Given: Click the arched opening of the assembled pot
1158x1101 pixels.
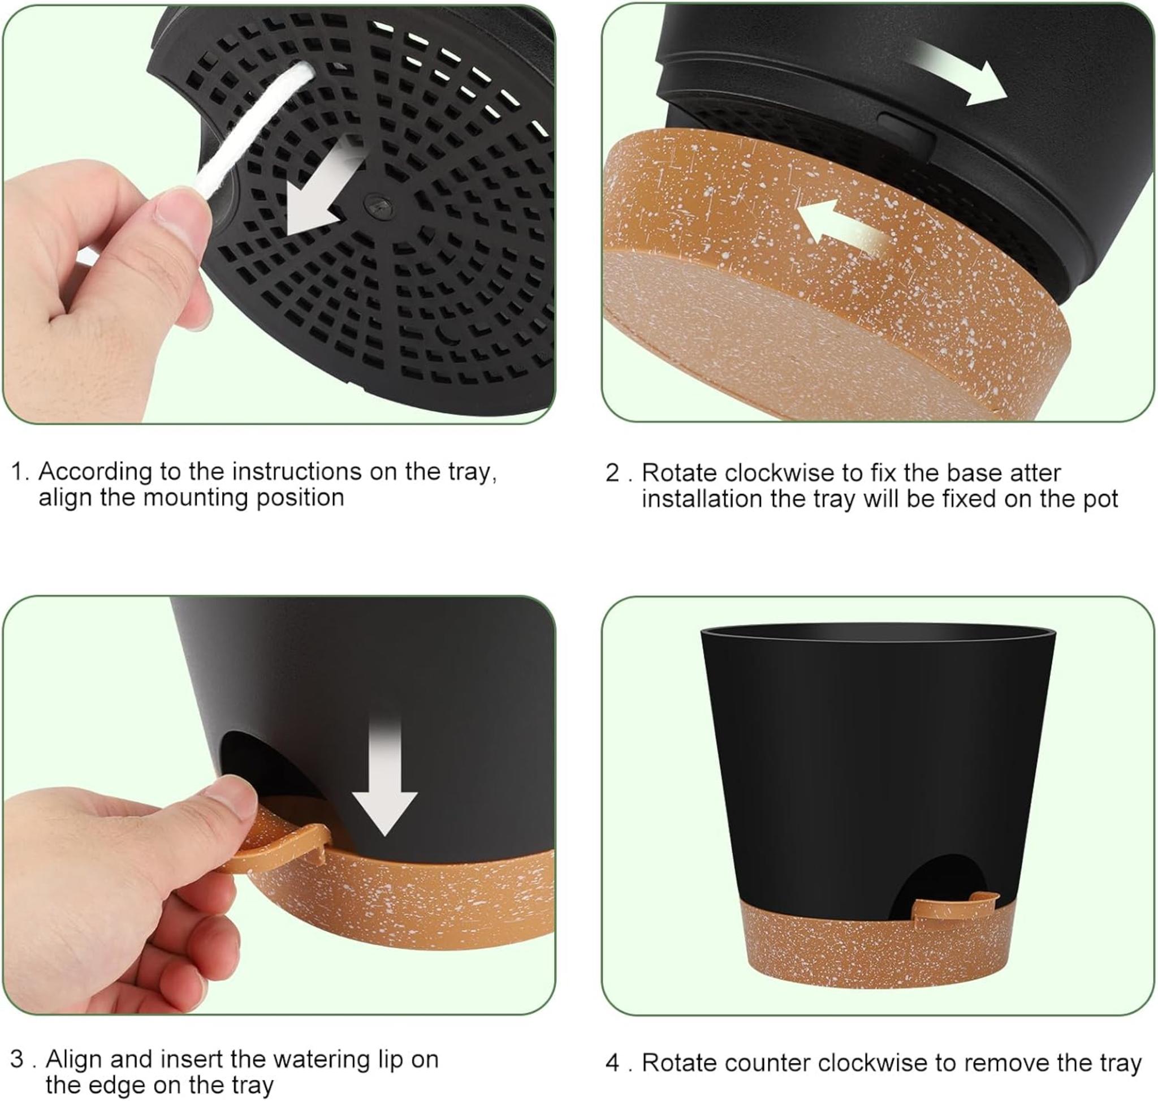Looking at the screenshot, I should click(933, 880).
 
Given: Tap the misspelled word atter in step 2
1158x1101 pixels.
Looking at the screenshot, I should click(1035, 472).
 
